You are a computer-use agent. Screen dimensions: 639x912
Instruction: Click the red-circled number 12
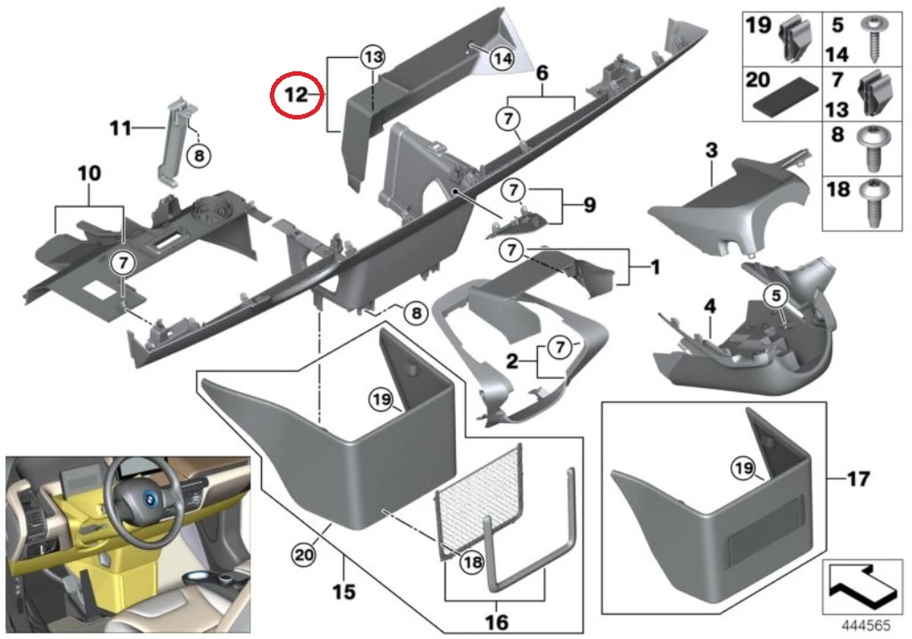296,95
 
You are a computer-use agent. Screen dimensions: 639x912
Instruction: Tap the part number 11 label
120,129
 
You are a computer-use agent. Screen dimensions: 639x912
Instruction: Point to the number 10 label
89,174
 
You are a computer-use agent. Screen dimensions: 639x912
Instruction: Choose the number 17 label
859,480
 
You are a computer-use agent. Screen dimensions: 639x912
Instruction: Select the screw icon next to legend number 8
875,150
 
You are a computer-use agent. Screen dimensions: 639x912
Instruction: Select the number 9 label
589,205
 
